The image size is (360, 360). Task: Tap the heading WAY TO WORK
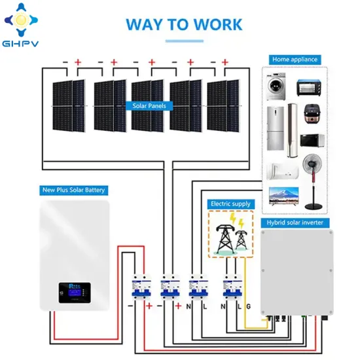(x=184, y=25)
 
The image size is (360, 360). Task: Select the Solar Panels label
(x=150, y=105)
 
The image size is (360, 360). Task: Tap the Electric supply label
(x=230, y=204)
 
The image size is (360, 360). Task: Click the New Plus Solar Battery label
(x=73, y=190)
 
